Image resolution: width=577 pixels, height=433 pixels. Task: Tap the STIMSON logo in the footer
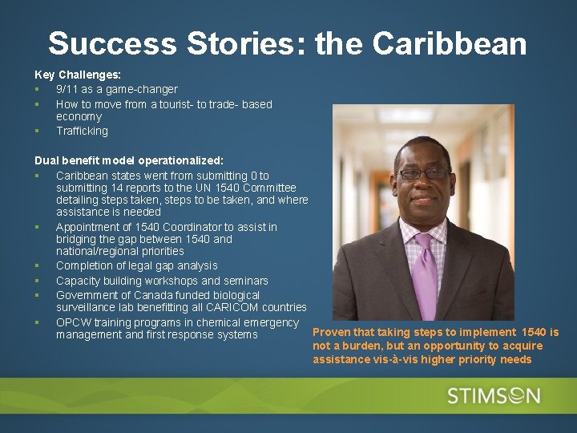(x=494, y=396)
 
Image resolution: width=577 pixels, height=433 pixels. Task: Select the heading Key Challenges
(x=78, y=74)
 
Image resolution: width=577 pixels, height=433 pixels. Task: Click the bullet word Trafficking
(x=82, y=131)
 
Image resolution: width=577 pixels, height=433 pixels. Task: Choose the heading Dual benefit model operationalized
(x=129, y=160)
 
